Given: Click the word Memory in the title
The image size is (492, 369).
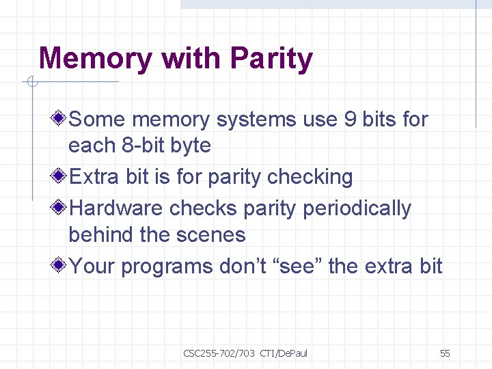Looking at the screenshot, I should coord(96,59).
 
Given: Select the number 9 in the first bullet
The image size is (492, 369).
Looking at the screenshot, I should coord(351,120).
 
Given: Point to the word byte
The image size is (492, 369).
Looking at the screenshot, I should coord(191,146).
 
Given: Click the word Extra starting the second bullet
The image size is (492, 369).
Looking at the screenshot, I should coord(95,177).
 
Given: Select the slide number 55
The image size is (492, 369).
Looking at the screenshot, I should coord(445,353).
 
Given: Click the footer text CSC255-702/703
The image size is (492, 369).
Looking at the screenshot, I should coord(219,353).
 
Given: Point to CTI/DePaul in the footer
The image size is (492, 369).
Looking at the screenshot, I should coord(284,353).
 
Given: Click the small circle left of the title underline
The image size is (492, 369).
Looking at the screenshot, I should coord(31,83).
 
